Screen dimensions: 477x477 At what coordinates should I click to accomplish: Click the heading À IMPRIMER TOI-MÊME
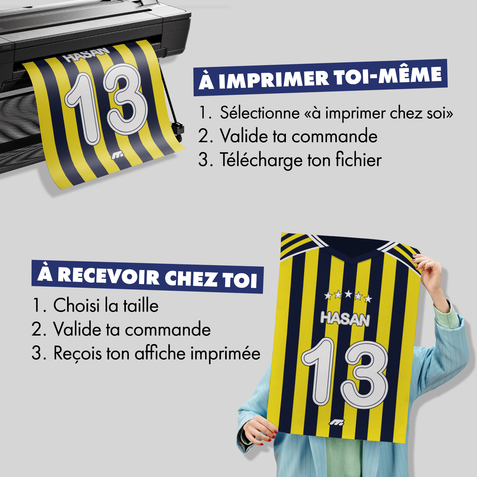click(x=320, y=78)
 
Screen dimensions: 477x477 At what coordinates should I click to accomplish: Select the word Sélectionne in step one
click(x=260, y=113)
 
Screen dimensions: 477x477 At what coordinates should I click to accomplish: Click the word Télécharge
click(x=260, y=160)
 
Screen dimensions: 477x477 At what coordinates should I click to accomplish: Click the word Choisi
click(x=76, y=305)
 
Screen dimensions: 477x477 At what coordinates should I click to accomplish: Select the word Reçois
click(x=78, y=354)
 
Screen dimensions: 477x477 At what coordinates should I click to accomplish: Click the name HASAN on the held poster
click(x=345, y=319)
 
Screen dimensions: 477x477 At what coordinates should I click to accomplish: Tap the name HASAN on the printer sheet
click(x=86, y=55)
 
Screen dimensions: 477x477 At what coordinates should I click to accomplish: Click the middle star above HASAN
click(x=348, y=294)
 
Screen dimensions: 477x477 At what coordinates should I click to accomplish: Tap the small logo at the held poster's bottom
click(x=336, y=422)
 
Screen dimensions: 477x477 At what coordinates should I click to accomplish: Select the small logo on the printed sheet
click(x=117, y=155)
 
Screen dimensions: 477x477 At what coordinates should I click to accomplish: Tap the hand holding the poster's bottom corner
click(x=259, y=429)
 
